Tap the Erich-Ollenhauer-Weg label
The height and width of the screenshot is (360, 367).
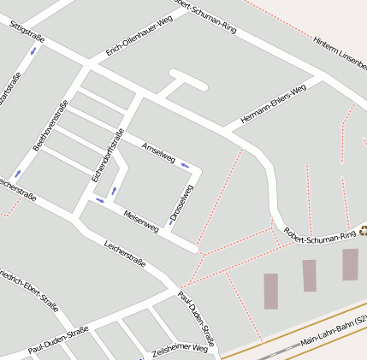click(x=139, y=36)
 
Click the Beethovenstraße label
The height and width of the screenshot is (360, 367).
click(x=50, y=127)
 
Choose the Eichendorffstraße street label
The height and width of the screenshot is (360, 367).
click(x=108, y=154)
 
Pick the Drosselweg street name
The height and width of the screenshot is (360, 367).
click(x=181, y=204)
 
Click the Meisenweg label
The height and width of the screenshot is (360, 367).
click(x=141, y=221)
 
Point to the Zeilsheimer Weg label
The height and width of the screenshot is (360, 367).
click(x=180, y=350)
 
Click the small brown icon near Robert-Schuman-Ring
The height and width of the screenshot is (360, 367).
click(x=363, y=229)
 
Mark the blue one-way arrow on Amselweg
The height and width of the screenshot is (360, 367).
click(x=184, y=165)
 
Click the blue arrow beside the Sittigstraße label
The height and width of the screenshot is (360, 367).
click(x=34, y=51)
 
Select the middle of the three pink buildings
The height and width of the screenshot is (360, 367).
click(x=309, y=275)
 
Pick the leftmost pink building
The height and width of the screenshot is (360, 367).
click(x=270, y=291)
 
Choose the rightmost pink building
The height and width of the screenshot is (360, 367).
click(x=350, y=264)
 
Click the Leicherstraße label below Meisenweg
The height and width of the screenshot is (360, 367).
click(x=124, y=254)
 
